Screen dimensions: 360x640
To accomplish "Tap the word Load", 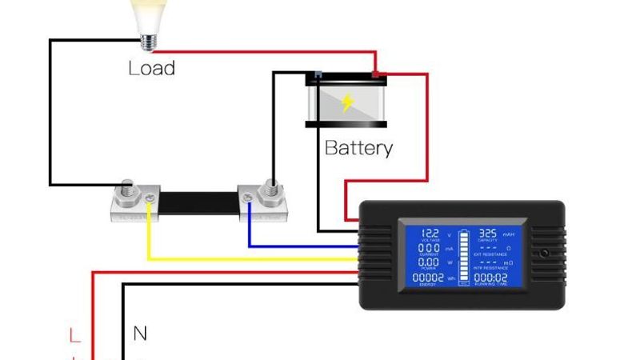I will coord(151,68).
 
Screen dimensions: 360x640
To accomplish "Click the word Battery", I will coord(358,148).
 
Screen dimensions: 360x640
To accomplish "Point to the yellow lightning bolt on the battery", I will coord(347,102).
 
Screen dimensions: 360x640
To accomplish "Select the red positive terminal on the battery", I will coord(378,77).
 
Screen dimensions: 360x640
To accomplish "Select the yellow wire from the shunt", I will coord(240,258).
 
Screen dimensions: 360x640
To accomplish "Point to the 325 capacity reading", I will coord(488,232).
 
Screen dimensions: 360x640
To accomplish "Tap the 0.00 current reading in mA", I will coord(430,248).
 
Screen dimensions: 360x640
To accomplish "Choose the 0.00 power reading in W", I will coord(430,263).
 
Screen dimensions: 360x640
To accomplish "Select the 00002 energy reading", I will coord(430,278).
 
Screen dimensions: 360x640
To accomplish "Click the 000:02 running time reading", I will coord(490,278).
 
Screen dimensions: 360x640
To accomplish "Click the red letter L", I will coord(74,334).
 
